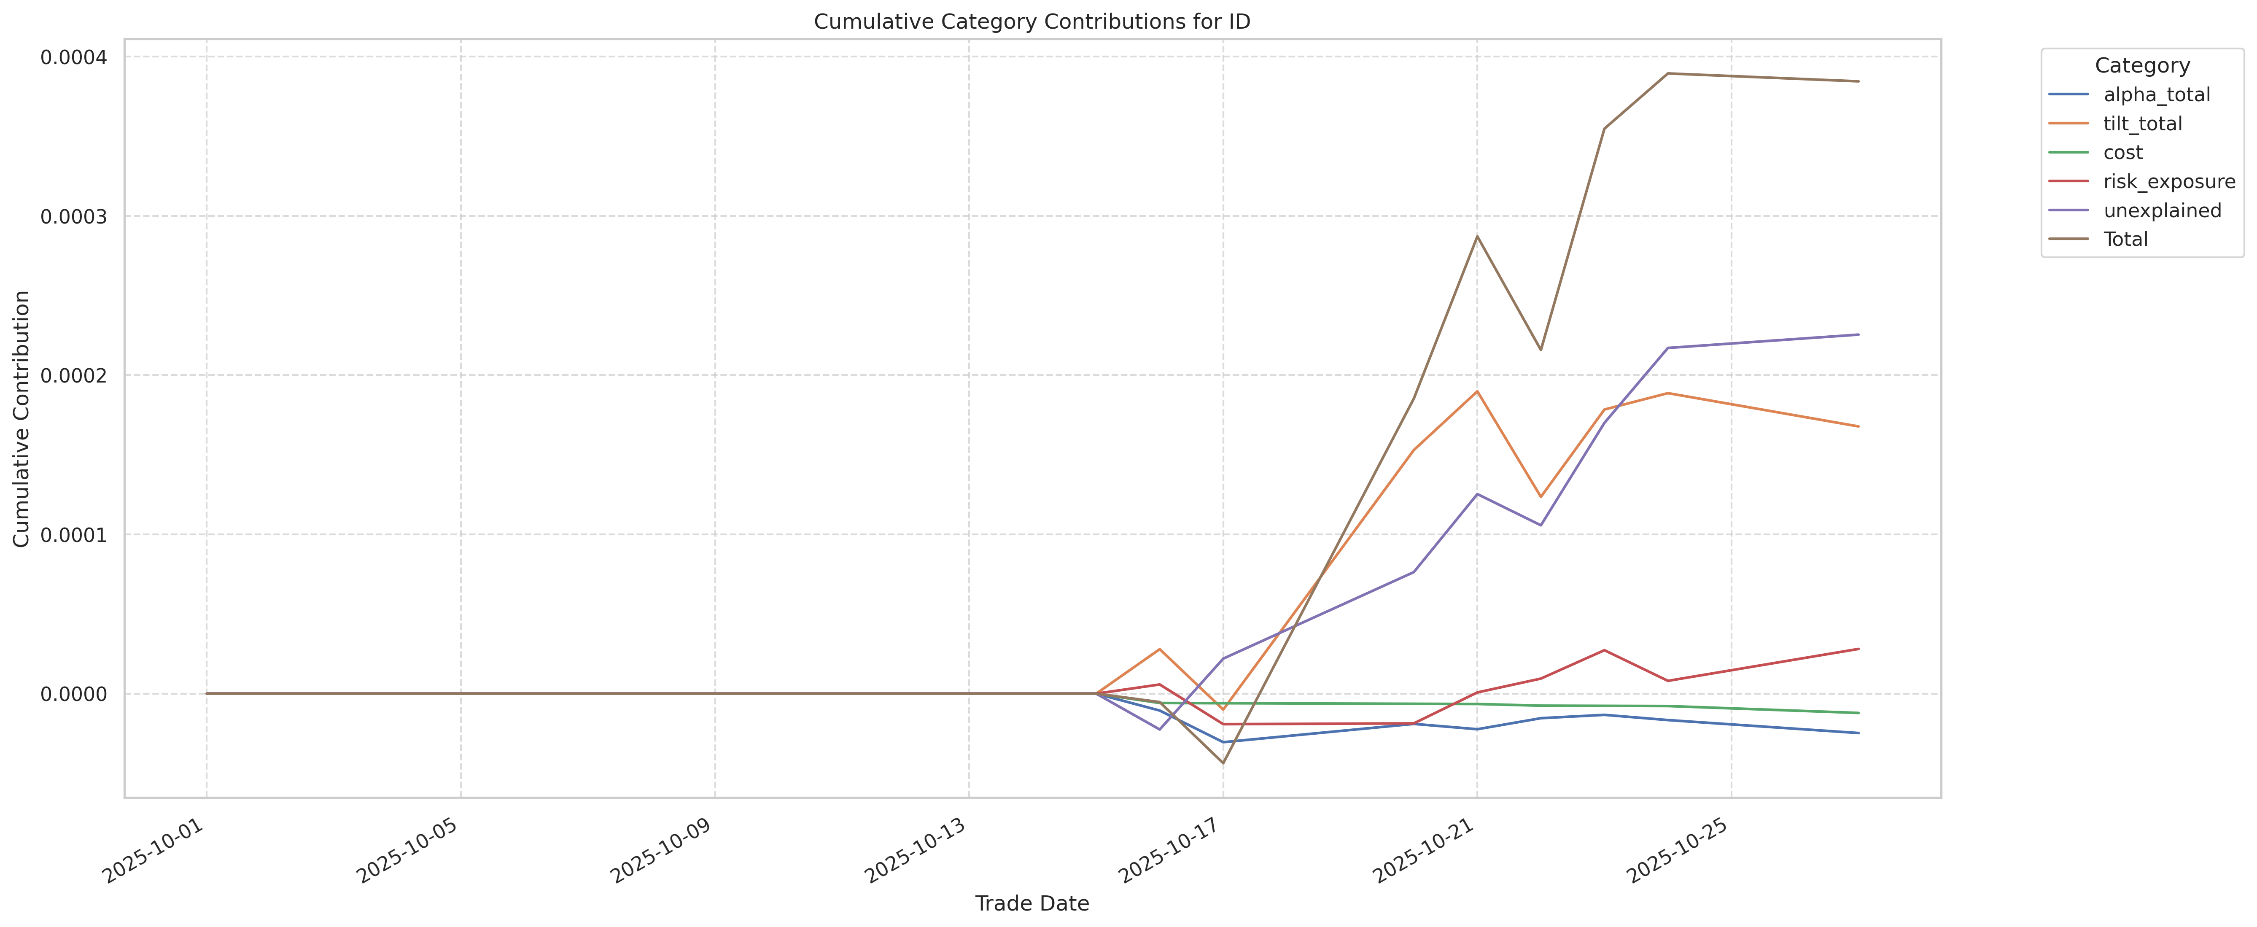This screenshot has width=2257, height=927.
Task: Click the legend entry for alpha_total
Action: (x=2156, y=94)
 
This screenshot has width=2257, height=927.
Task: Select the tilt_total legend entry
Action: (x=2142, y=124)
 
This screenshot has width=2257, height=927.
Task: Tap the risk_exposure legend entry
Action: (x=2168, y=181)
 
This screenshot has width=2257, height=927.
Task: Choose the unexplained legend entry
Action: (x=2162, y=210)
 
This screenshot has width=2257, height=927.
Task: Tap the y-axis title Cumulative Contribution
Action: (x=22, y=419)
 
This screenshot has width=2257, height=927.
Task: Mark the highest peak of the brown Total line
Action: (x=1667, y=74)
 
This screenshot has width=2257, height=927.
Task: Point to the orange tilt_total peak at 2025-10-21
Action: (x=1477, y=392)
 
